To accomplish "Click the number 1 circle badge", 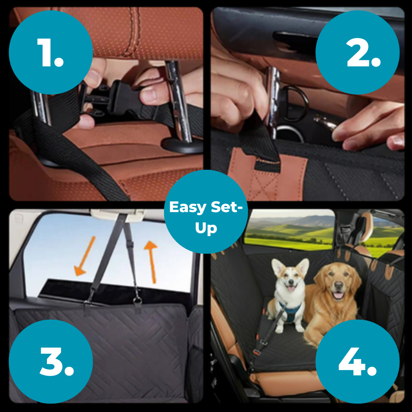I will click(51, 52).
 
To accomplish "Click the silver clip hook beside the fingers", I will click(324, 122).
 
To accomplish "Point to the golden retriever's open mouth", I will click(338, 295).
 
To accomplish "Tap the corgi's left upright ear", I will click(277, 267).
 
